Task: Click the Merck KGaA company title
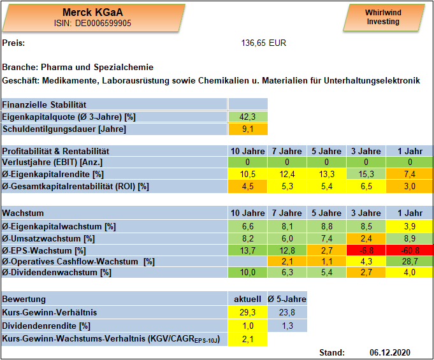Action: (92, 12)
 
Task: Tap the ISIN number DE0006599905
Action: (103, 23)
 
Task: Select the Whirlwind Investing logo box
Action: (384, 17)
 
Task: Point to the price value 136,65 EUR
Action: (263, 43)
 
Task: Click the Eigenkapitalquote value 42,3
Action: (247, 117)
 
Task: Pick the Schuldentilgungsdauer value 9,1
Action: (247, 129)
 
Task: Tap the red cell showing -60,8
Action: (410, 250)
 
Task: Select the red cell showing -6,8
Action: (366, 250)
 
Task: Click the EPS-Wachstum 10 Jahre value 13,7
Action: (247, 250)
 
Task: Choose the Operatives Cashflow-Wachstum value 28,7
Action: (410, 261)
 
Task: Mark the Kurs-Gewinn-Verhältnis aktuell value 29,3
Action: (247, 312)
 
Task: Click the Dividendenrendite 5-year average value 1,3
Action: (287, 326)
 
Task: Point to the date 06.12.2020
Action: (390, 352)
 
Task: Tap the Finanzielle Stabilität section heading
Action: (44, 104)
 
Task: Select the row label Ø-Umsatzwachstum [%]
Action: (48, 238)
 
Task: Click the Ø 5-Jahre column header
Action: (287, 299)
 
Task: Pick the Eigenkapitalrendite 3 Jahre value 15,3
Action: (366, 174)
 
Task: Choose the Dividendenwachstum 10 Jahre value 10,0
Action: (247, 273)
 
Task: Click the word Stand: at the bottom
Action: (332, 352)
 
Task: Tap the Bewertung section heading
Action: (24, 299)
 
